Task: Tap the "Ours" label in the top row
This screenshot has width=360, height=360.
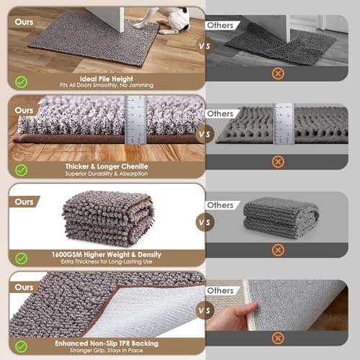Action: tap(24, 23)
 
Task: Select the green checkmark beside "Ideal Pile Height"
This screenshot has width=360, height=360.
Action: tap(22, 79)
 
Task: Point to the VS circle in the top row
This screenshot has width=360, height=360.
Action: tap(205, 45)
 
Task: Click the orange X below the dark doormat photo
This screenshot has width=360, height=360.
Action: tap(277, 73)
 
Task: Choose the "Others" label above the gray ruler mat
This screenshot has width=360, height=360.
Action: tap(220, 113)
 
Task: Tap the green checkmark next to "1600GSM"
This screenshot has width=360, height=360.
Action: tap(22, 258)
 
